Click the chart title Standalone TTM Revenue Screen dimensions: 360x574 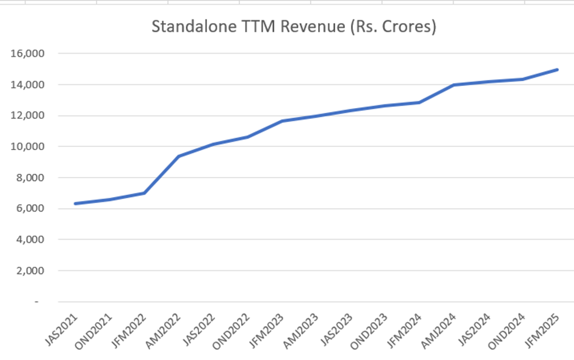293,27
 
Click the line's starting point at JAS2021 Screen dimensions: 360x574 75,203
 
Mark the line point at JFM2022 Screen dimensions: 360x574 144,193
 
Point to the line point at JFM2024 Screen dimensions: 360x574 420,103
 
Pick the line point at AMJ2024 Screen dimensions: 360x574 454,85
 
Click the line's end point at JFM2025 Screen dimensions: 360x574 558,70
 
